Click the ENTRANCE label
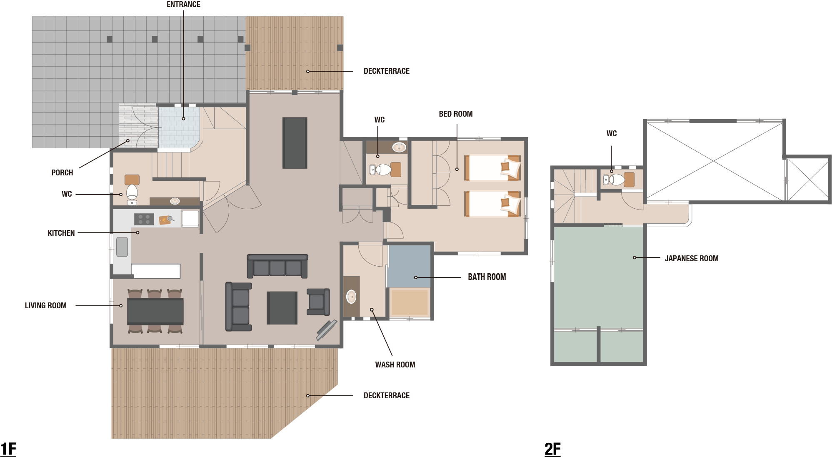click(183, 5)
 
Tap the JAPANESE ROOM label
click(692, 258)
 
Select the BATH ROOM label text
click(487, 277)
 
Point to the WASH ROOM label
click(395, 365)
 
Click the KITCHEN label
click(61, 233)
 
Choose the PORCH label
click(62, 173)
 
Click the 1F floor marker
click(8, 449)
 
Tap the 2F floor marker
click(553, 449)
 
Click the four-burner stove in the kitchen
click(144, 219)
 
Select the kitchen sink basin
click(122, 247)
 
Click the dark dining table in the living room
click(155, 311)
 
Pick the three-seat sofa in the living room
click(277, 266)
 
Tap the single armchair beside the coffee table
click(318, 302)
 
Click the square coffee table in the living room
click(282, 308)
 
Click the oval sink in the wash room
click(352, 297)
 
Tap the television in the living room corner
click(326, 330)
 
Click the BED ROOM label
click(456, 114)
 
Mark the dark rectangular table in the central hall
click(295, 143)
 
